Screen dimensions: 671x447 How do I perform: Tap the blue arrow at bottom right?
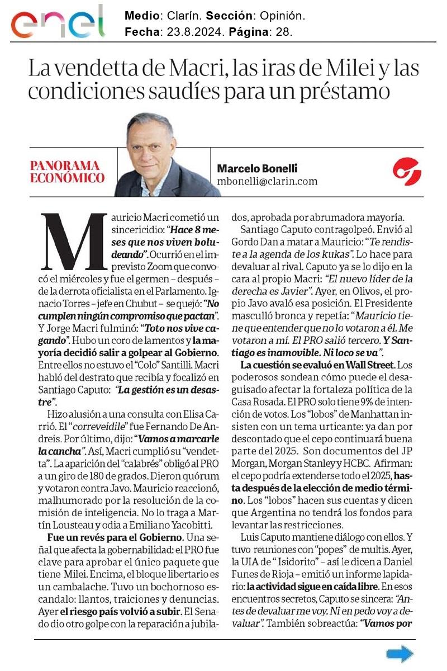point(400,654)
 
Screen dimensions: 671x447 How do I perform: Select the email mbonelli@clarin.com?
point(267,181)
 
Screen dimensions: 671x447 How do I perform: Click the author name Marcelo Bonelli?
point(258,168)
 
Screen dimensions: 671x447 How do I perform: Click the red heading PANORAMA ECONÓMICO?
point(68,172)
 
